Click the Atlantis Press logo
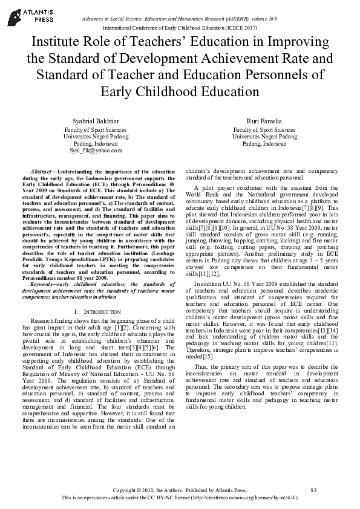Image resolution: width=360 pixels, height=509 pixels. pyautogui.click(x=23, y=15)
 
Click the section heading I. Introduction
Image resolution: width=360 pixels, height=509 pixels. pyautogui.click(x=97, y=311)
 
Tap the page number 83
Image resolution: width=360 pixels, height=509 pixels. pyautogui.click(x=313, y=490)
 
